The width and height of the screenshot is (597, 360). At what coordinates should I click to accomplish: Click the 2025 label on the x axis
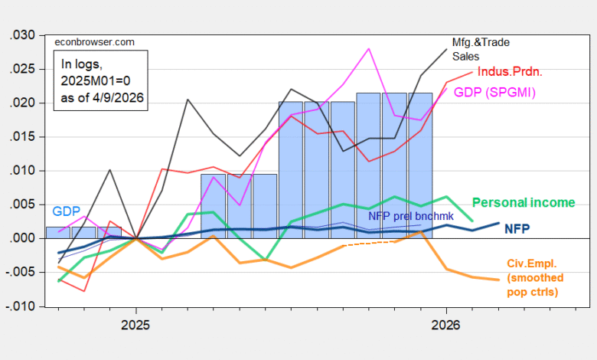tap(135, 326)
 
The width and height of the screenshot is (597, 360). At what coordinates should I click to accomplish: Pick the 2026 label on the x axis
tap(446, 326)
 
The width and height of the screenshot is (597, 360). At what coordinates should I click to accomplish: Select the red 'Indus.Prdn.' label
tap(509, 72)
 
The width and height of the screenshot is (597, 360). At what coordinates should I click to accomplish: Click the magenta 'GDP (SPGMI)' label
tap(494, 93)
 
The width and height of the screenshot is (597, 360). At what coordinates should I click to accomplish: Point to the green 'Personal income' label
tap(524, 203)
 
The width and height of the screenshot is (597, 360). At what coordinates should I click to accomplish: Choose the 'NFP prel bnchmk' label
tap(411, 216)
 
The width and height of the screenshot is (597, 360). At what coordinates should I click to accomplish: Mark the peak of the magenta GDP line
tap(369, 48)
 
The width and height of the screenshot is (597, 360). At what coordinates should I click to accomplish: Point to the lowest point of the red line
tap(83, 291)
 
